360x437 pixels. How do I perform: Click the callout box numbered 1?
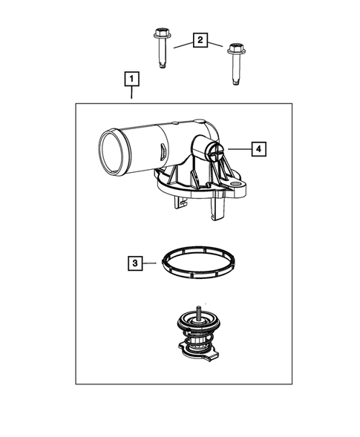point(131,78)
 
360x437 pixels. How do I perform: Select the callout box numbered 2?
point(198,40)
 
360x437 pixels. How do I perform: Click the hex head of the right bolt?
point(236,50)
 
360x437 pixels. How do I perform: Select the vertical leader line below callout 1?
point(131,94)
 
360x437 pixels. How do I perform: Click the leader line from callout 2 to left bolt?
point(181,43)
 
